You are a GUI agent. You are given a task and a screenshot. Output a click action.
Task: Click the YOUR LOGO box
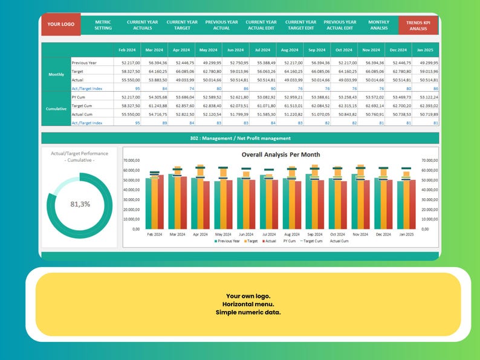[x=60, y=24]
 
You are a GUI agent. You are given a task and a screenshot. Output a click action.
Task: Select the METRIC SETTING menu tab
[x=103, y=25]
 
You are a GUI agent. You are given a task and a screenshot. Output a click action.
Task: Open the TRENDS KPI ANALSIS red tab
[x=418, y=25]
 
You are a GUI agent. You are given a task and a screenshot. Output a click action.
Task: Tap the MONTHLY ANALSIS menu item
[x=378, y=25]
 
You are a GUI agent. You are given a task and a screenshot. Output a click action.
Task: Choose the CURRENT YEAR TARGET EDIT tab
[x=300, y=25]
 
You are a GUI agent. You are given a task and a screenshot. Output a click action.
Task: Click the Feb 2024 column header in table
[x=127, y=50]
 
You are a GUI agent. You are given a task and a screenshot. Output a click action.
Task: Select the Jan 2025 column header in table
[x=424, y=50]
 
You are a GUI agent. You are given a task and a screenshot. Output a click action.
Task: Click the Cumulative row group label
[x=56, y=109]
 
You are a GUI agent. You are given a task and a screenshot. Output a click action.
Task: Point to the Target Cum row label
[x=83, y=105]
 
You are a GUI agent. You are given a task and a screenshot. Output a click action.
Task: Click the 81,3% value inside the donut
[x=80, y=204]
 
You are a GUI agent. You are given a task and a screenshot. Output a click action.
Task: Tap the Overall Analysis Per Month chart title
[x=281, y=155]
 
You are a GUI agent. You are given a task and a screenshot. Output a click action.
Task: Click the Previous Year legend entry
[x=227, y=241]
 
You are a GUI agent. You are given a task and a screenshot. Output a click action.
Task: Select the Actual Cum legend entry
[x=340, y=241]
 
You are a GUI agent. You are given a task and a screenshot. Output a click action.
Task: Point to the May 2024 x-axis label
[x=223, y=234]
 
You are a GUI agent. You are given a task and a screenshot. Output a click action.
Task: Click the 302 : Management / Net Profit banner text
[x=240, y=138]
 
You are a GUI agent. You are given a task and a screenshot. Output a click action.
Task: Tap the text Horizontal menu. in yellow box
[x=248, y=304]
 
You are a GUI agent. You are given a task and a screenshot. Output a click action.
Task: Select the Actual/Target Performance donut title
[x=80, y=156]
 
